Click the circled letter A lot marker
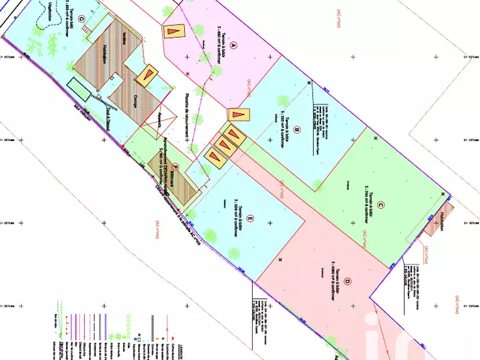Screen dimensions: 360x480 pyautogui.click(x=234, y=44)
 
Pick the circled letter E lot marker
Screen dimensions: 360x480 pyautogui.click(x=250, y=220)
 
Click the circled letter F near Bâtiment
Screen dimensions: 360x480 pyautogui.click(x=175, y=167)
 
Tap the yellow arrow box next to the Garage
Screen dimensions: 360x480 pyautogui.click(x=146, y=76)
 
